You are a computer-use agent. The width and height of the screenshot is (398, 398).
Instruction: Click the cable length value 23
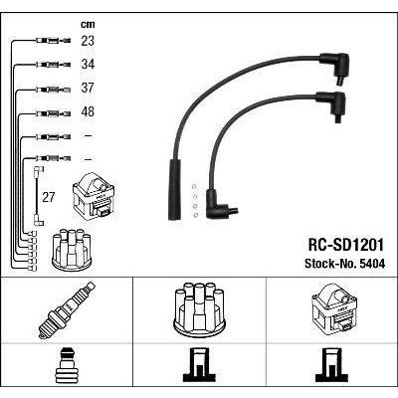coord(88,41)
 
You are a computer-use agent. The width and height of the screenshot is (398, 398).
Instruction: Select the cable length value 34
coord(88,64)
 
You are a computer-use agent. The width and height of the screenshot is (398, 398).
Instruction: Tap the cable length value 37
coord(88,88)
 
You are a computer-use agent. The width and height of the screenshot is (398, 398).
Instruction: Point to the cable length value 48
coord(88,111)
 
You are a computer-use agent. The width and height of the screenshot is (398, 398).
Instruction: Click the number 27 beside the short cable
coord(48,198)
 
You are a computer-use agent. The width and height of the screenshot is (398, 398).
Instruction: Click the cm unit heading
coord(88,24)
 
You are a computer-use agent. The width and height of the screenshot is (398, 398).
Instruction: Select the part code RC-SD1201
coord(346,245)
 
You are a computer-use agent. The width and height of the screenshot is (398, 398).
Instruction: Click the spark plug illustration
coord(67,310)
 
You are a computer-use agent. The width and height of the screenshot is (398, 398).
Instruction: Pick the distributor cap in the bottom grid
coord(199,309)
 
